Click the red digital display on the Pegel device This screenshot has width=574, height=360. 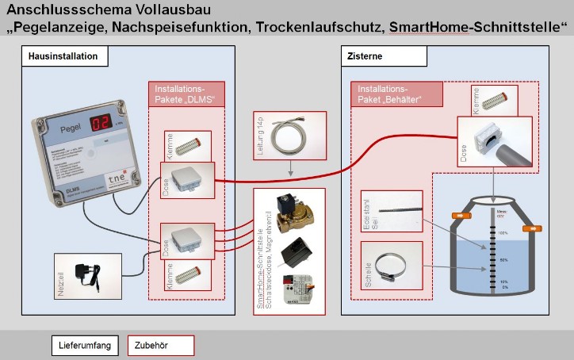tap(99, 123)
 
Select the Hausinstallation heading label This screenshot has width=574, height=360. tap(64, 57)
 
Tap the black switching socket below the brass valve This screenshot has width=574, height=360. tap(294, 252)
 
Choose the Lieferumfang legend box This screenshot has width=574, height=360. tap(86, 346)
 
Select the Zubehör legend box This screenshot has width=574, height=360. tap(162, 346)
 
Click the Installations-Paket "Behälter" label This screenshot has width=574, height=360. tap(396, 94)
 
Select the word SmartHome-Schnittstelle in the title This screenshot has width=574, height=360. tap(478, 29)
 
